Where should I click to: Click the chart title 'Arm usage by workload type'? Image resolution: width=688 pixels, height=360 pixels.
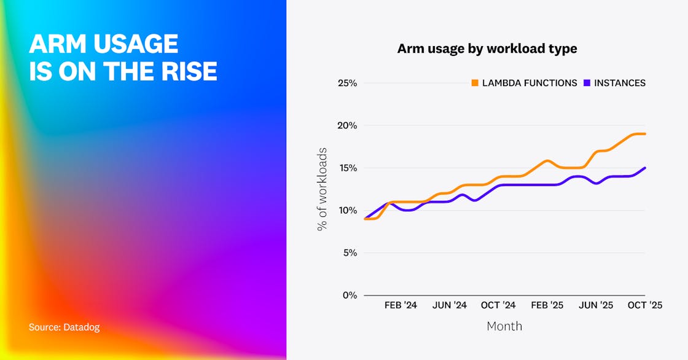tap(487, 49)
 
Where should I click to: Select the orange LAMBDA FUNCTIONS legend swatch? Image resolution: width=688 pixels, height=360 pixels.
tap(475, 83)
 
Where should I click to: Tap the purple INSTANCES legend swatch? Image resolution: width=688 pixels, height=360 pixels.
tap(587, 83)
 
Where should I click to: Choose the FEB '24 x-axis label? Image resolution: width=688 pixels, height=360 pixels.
tap(401, 305)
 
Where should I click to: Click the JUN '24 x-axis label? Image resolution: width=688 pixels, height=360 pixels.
tap(450, 305)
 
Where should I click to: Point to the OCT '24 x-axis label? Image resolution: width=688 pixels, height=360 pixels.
tap(498, 305)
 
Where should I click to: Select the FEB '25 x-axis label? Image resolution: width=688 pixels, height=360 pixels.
tap(547, 305)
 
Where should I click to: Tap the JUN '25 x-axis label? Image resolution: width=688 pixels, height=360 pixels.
tap(596, 305)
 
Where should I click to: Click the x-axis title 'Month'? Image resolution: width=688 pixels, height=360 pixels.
tap(504, 326)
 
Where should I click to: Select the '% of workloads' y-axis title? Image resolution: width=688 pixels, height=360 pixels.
tap(322, 189)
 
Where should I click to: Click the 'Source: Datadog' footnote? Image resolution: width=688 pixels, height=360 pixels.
tap(64, 327)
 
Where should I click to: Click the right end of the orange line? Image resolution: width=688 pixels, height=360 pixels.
tap(644, 134)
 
